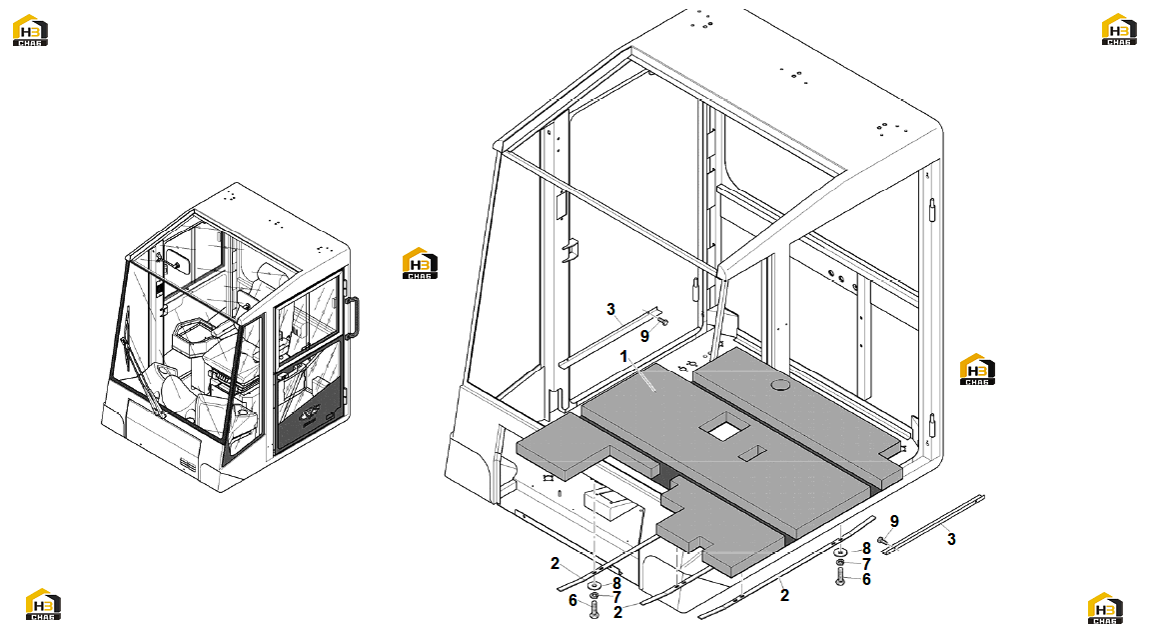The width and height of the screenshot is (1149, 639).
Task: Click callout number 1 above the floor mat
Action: click(623, 357)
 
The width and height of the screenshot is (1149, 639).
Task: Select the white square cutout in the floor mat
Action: click(724, 427)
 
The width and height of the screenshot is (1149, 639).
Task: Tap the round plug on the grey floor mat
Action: click(779, 385)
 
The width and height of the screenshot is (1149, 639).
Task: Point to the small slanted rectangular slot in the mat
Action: click(752, 453)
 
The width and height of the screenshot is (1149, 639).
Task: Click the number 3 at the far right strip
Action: click(951, 539)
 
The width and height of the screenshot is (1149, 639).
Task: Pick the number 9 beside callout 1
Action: click(644, 336)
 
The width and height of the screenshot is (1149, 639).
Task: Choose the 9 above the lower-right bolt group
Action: click(894, 521)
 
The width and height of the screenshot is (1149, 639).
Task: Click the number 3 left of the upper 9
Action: click(611, 310)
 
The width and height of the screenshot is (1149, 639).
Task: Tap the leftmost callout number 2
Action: click(555, 563)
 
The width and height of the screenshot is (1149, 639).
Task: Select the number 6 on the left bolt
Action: click(574, 601)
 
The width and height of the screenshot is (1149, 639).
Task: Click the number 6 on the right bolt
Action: click(866, 580)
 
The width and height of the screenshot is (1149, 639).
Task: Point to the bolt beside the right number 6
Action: click(839, 576)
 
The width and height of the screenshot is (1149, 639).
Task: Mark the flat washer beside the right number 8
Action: click(839, 552)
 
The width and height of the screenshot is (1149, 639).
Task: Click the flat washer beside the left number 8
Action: click(593, 585)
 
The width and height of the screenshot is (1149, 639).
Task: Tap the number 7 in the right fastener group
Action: click(866, 564)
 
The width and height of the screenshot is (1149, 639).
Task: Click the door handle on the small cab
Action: click(354, 317)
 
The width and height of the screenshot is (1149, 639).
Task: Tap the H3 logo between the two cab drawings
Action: click(420, 263)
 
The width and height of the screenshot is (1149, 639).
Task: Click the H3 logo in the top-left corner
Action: click(30, 30)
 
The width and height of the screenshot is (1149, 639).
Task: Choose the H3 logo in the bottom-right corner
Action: click(1105, 608)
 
